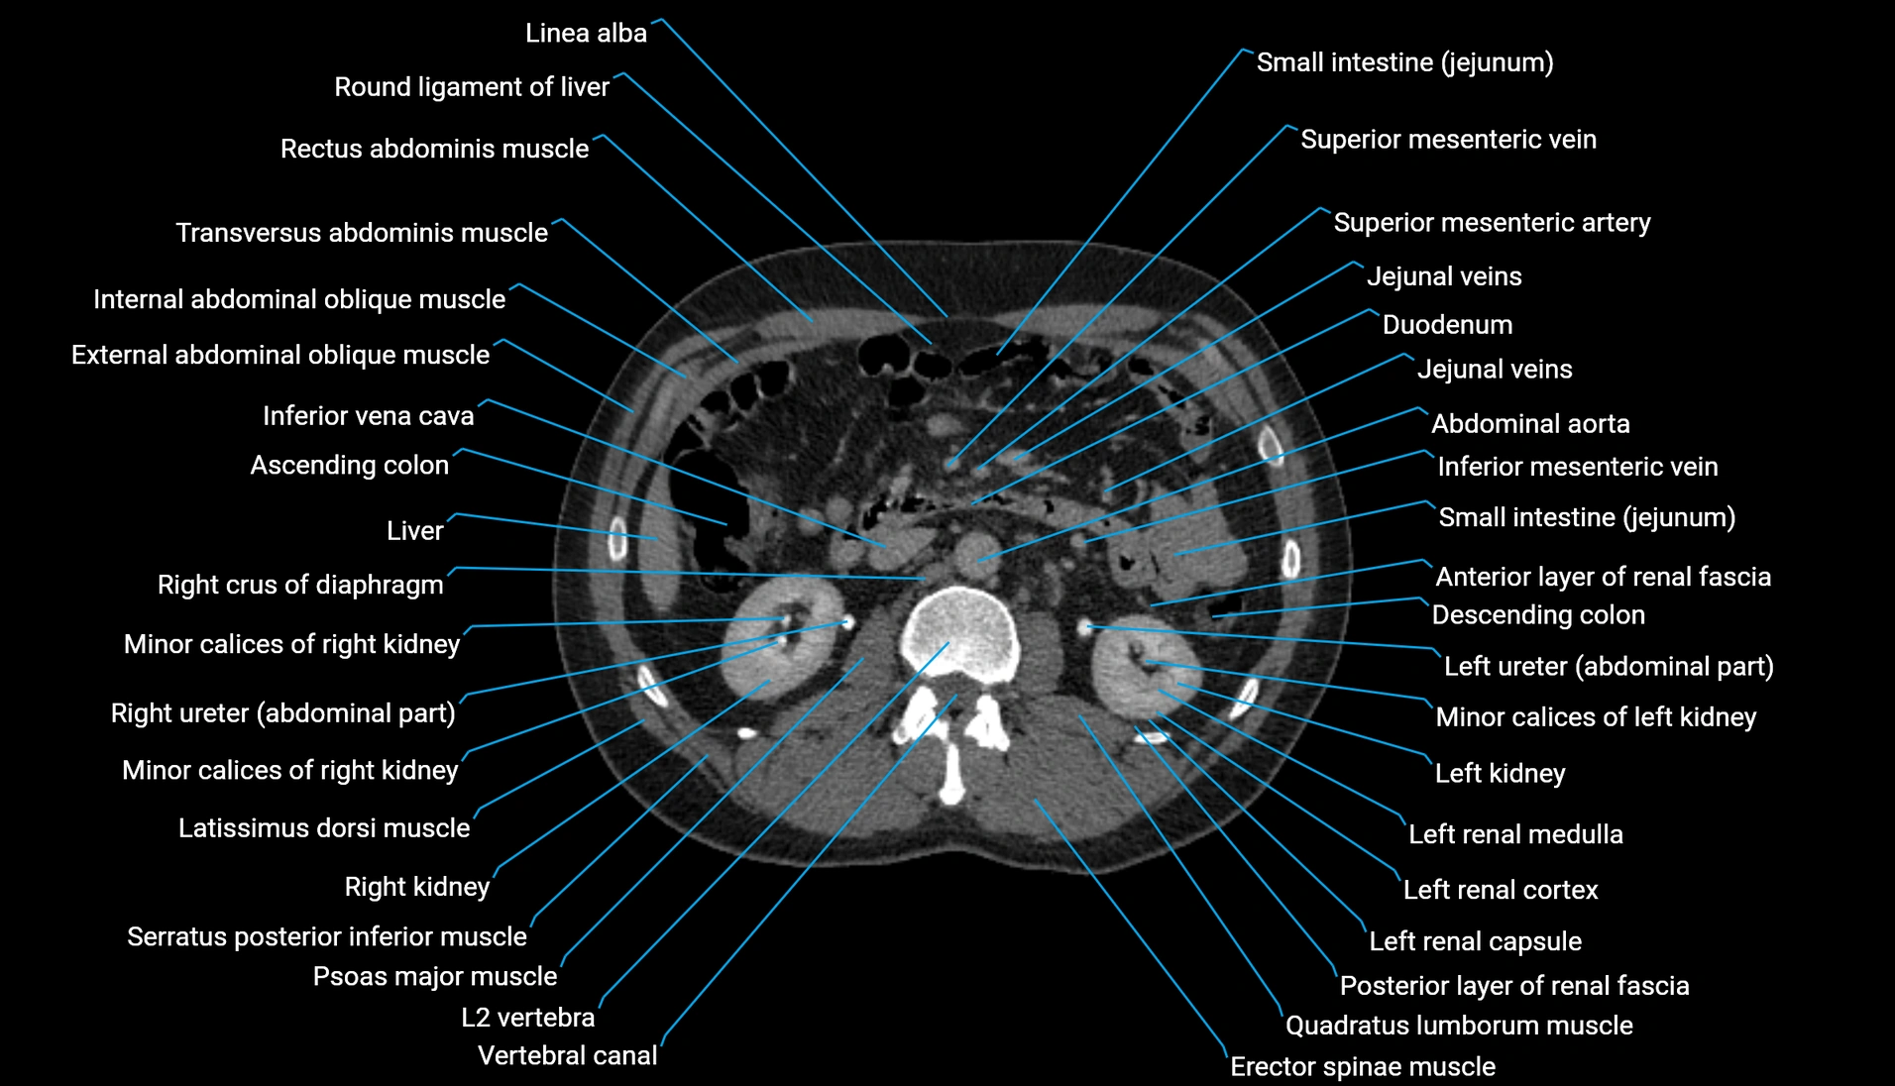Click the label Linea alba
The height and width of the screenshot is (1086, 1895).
585,33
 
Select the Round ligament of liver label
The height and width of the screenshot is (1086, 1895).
471,87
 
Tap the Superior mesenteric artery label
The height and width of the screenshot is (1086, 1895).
1491,223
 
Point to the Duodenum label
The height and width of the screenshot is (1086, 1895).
1446,325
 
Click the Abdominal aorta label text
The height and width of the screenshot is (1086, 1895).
1529,424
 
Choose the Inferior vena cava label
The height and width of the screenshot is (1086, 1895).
368,416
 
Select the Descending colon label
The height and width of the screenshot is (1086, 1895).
1537,615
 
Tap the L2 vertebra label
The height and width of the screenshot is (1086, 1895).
527,1018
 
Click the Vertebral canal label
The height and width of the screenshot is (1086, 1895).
567,1056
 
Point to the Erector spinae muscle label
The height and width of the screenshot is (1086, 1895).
1362,1067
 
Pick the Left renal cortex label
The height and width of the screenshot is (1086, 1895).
1500,891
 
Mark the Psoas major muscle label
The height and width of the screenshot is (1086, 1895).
434,977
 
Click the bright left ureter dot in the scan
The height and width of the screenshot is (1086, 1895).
1085,626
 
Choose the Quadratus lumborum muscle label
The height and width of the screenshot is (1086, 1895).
1458,1026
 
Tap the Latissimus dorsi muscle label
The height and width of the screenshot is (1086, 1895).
323,828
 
